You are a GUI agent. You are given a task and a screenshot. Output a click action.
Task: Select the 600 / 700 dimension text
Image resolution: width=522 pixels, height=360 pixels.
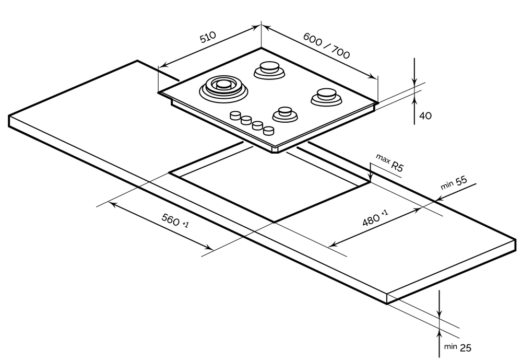click(x=326, y=45)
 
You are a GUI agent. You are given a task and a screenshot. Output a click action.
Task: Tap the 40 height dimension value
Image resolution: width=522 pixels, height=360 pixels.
click(x=425, y=116)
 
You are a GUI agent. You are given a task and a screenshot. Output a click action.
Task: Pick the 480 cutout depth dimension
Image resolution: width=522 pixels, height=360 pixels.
click(x=375, y=219)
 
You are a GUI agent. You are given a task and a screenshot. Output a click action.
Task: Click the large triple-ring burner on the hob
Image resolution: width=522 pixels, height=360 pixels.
click(x=223, y=86)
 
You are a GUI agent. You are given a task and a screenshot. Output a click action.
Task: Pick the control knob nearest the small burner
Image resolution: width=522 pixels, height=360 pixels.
click(x=269, y=130)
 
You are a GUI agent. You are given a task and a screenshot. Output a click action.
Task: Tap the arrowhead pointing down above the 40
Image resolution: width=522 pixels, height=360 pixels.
click(x=414, y=82)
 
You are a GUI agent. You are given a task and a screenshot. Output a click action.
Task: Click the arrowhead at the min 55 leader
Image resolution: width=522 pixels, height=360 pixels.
click(x=436, y=199)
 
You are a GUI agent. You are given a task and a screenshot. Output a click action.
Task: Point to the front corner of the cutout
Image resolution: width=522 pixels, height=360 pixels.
click(x=274, y=222)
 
